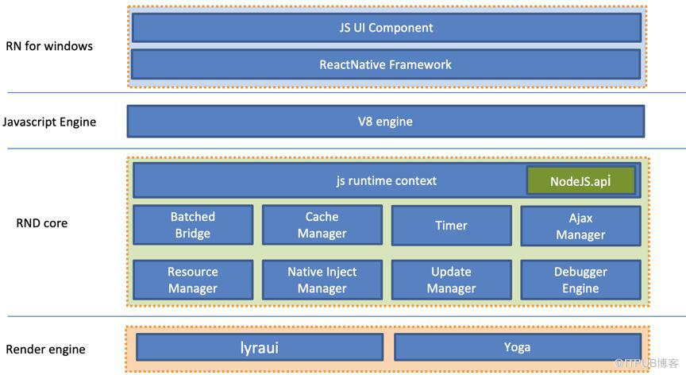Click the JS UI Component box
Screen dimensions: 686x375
coord(387,28)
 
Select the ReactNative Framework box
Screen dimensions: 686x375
coord(386,64)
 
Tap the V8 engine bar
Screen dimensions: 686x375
coord(385,122)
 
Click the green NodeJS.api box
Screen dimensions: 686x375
coord(580,180)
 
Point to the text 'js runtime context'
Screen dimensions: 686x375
coord(387,180)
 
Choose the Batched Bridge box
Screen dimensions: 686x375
coord(193,225)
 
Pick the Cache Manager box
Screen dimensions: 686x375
coord(322,225)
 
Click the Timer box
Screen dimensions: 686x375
coord(452,226)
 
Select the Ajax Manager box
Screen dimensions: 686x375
coord(580,226)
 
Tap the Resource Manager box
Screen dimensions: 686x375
coord(193,280)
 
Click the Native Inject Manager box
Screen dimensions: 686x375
coord(322,280)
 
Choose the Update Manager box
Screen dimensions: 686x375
coord(452,280)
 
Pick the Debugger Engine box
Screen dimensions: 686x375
coord(580,280)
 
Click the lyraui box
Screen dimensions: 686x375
coord(260,347)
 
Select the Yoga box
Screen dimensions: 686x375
coord(518,347)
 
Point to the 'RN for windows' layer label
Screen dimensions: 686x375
coord(49,46)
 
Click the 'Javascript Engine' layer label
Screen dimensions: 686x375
coord(49,122)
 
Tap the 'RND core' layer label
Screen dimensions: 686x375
coord(42,223)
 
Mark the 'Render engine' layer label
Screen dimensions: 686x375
coord(45,350)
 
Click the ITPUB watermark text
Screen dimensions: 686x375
coord(646,363)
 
